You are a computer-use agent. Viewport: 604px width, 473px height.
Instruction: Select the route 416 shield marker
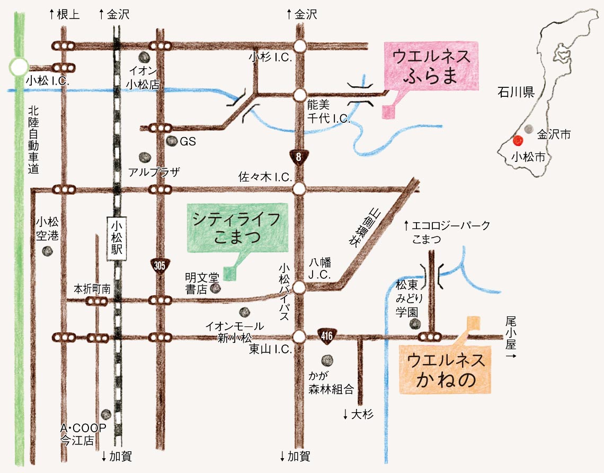tap(326, 335)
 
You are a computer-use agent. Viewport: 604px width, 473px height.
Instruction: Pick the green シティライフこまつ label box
tap(237, 228)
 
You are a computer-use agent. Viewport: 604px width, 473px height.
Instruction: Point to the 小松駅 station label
tap(117, 239)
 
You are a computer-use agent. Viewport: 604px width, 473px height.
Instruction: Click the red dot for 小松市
tap(518, 141)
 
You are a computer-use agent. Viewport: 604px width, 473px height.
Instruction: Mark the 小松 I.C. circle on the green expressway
tap(19, 67)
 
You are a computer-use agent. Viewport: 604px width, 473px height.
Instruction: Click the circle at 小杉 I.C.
tap(300, 46)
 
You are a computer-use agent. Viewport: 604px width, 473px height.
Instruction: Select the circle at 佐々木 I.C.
tap(300, 188)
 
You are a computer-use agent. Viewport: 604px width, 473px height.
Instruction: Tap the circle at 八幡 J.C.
tap(300, 287)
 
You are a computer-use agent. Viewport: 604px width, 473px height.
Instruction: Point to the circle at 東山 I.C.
tap(300, 336)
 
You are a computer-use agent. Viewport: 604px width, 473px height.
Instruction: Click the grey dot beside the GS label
tap(171, 141)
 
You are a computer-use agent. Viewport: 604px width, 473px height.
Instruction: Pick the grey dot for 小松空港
tap(48, 251)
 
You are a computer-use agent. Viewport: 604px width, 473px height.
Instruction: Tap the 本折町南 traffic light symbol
tap(96, 301)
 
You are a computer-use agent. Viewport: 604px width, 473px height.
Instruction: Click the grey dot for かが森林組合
tap(328, 361)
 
